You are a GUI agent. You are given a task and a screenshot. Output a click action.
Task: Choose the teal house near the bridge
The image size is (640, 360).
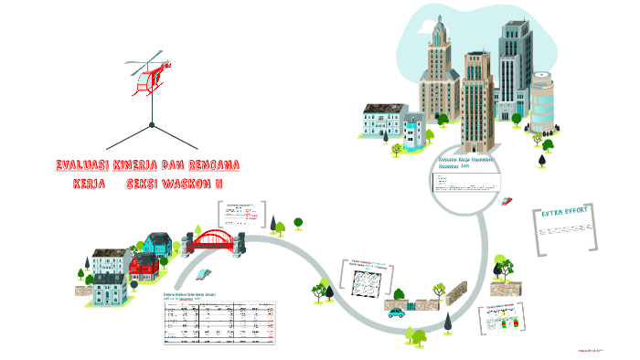tap(158, 244)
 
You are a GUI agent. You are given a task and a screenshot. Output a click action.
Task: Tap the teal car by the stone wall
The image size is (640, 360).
tap(396, 312)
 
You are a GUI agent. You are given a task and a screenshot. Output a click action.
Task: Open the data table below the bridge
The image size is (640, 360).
tap(219, 322)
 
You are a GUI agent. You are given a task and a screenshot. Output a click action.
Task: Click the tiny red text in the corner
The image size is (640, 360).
tap(594, 349)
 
